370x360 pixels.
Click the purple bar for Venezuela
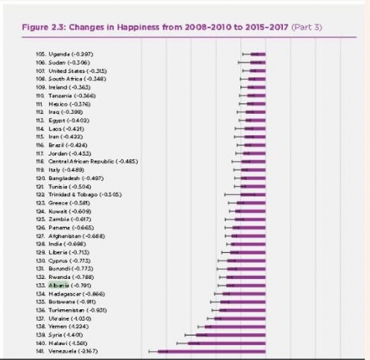click(212, 352)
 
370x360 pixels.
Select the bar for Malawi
click(227, 343)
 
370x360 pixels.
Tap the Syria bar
click(231, 335)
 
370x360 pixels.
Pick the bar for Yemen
click(235, 327)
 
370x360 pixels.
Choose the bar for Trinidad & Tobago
click(253, 194)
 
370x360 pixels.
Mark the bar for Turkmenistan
click(242, 310)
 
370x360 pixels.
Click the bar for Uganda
click(258, 54)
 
